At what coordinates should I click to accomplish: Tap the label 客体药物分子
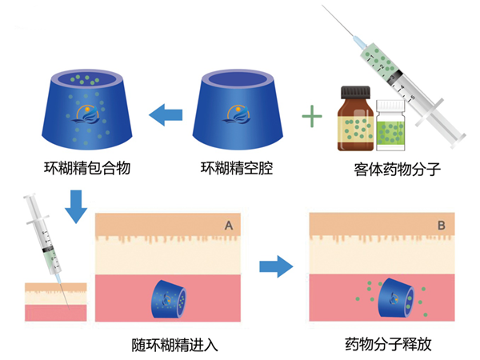coord(390,170)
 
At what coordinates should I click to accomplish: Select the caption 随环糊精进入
coord(174,346)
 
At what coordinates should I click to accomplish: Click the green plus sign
coord(311,120)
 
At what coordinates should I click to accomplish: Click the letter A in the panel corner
coord(229,226)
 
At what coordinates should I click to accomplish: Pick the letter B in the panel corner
coord(441,226)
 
